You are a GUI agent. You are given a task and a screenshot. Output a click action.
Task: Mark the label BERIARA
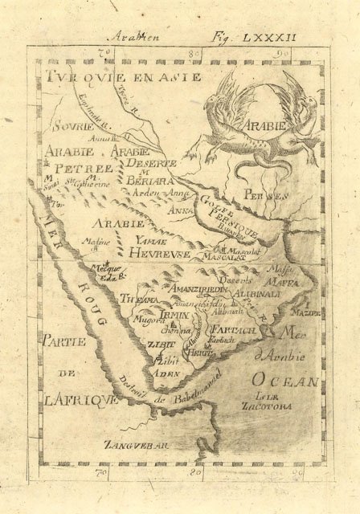click(145, 182)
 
